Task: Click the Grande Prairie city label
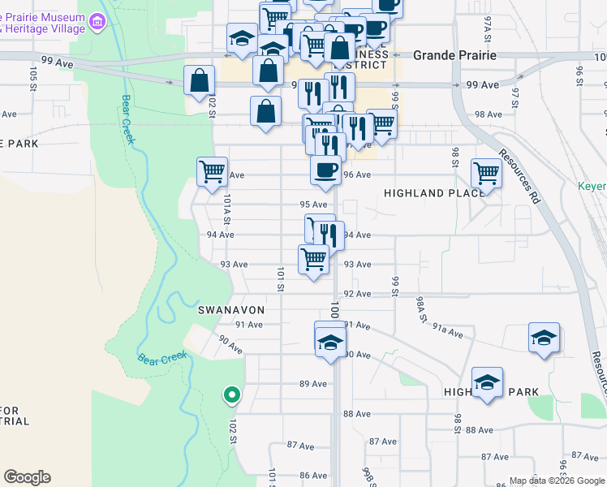[454, 56]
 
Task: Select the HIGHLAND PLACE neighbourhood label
[434, 193]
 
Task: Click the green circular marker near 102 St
[231, 395]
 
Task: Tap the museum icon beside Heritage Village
[99, 20]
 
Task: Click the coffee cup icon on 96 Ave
[325, 170]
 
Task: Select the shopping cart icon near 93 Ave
[313, 260]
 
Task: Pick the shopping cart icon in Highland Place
[485, 172]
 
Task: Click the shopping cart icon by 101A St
[212, 171]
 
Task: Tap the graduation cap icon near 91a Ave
[543, 338]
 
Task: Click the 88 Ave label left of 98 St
[356, 414]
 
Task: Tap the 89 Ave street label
[312, 384]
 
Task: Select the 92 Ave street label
[357, 294]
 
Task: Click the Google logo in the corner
[27, 477]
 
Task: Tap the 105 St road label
[33, 80]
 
